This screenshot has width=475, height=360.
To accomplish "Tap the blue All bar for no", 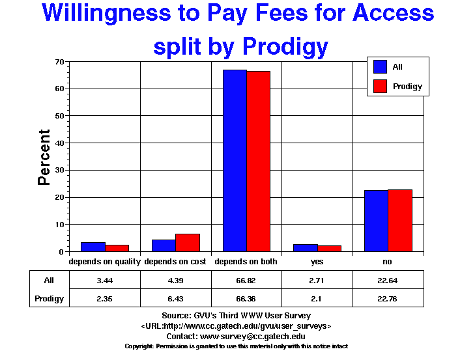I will click(x=376, y=221).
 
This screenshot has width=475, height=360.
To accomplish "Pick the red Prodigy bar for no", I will click(x=399, y=221).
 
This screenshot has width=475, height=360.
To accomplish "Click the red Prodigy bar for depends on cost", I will click(x=187, y=242).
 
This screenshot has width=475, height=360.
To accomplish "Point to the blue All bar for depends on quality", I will click(x=93, y=247).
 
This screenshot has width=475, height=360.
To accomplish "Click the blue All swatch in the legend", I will click(x=380, y=66).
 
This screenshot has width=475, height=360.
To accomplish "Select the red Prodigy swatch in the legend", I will click(x=380, y=86).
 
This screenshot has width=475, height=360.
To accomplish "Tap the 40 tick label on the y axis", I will click(x=59, y=143).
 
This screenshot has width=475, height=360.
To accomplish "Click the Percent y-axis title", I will click(x=44, y=157).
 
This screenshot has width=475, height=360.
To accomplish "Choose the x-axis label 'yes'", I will click(x=317, y=262).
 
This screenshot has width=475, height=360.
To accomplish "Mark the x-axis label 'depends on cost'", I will click(x=175, y=262).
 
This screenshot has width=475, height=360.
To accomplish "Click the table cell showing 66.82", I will click(x=246, y=281).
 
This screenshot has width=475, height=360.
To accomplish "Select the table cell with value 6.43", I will click(x=176, y=299).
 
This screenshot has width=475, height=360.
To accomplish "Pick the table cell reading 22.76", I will click(x=388, y=299).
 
